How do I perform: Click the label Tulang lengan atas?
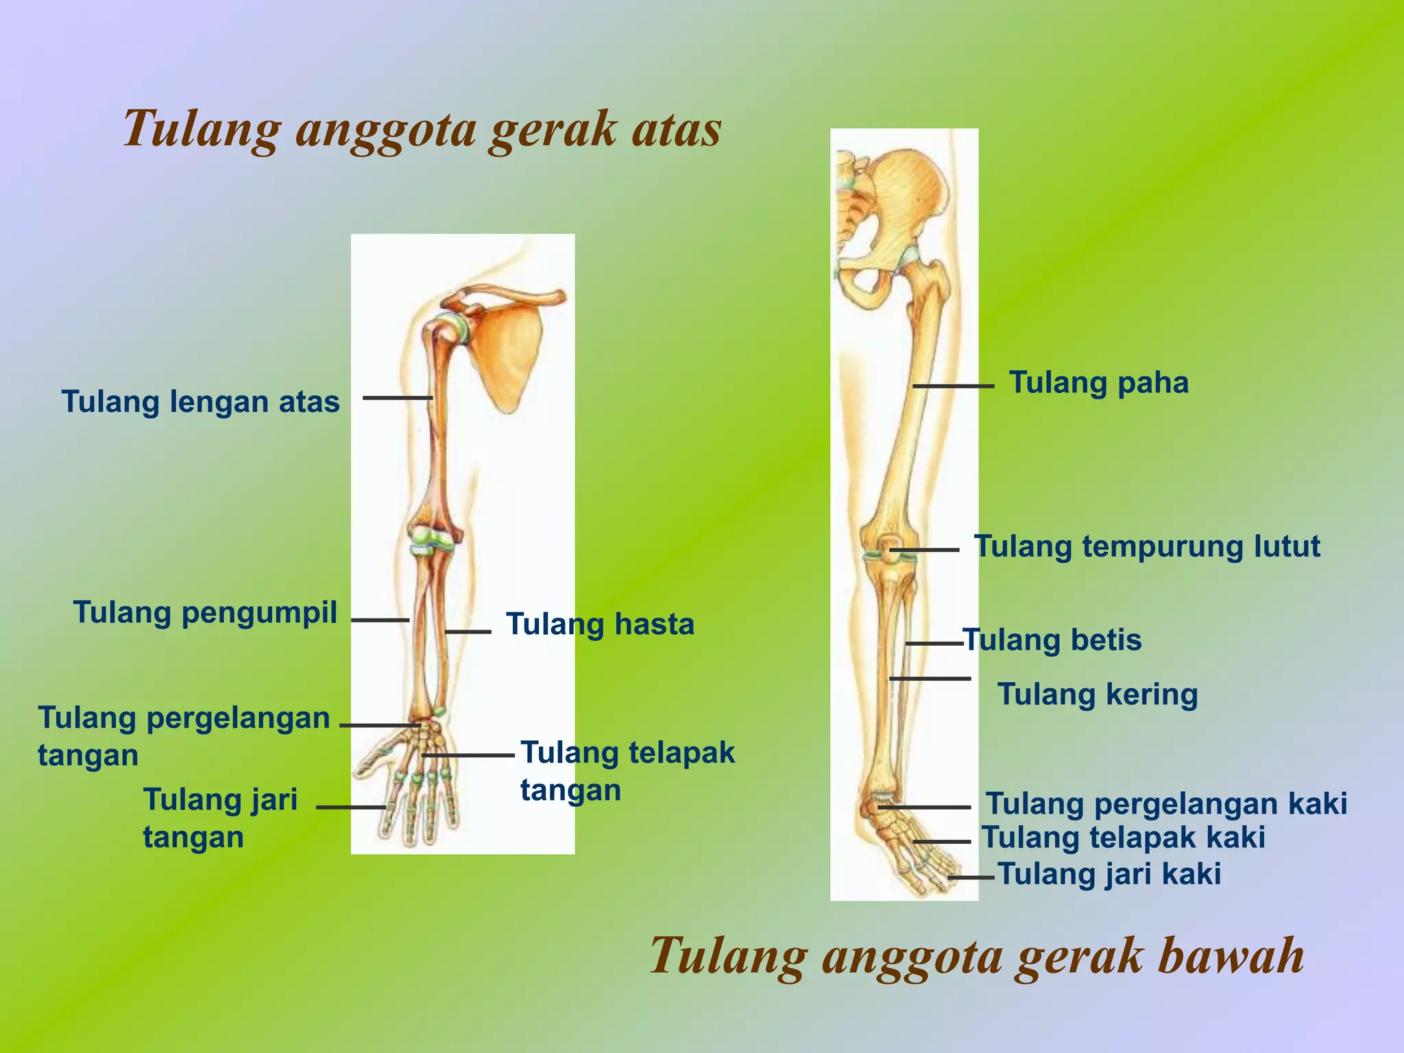tap(200, 402)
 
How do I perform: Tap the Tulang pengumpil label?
tap(205, 612)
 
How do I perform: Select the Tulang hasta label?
tap(600, 625)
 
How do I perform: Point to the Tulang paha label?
tap(1099, 383)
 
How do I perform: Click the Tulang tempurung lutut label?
tap(1147, 546)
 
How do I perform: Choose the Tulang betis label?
tap(1052, 640)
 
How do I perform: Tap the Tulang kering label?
tap(1098, 694)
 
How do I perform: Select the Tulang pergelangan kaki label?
tap(1166, 803)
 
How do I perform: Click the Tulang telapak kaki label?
tap(1123, 838)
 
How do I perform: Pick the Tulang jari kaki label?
tap(1109, 875)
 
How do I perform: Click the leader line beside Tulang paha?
tap(953, 387)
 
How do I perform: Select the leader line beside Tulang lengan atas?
tap(398, 398)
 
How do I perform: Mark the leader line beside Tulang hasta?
tap(468, 631)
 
